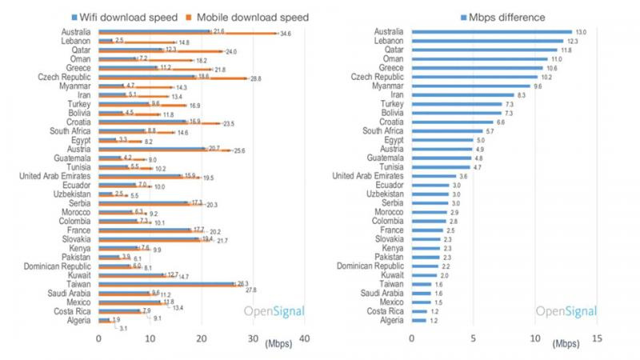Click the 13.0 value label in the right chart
tap(582, 32)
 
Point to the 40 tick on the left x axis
tap(303, 339)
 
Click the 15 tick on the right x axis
tap(596, 339)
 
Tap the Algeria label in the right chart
tap(392, 320)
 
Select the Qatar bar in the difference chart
tap(484, 50)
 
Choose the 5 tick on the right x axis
tap(473, 339)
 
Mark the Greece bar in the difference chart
tap(477, 68)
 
